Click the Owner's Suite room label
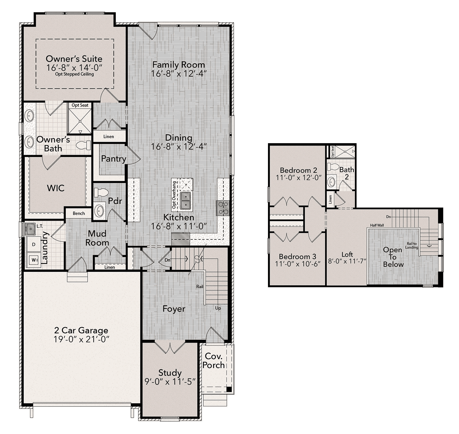(74, 59)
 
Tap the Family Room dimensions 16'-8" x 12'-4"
(179, 74)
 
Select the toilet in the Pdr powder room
(101, 192)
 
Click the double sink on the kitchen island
(186, 200)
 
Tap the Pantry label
(114, 159)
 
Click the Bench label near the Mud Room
(79, 213)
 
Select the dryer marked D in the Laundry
(34, 244)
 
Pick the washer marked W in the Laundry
(34, 260)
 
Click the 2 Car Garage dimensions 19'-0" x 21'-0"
(81, 339)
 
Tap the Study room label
(170, 373)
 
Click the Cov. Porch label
(214, 360)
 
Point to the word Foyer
(174, 309)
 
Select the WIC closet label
(56, 188)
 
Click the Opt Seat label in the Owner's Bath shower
(80, 105)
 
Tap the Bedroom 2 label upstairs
(298, 170)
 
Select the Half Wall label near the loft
(377, 225)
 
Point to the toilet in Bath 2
(333, 167)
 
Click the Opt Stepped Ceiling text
(74, 74)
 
